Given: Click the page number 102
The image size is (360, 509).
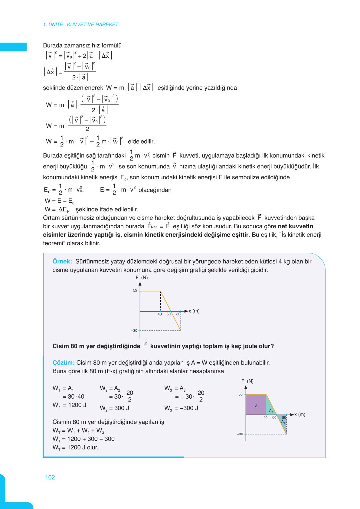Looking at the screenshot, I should (50, 477).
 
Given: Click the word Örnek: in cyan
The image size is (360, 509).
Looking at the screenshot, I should (62, 261).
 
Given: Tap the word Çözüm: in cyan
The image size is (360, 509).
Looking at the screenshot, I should (63, 362).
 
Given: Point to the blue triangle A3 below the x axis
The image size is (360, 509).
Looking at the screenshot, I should (283, 422).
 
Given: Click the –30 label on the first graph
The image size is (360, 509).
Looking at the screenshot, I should (134, 331).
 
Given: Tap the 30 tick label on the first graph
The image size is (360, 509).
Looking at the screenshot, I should (135, 291).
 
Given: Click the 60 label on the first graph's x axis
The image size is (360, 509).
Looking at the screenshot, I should (169, 314).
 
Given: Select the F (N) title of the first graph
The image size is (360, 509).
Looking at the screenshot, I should (142, 278).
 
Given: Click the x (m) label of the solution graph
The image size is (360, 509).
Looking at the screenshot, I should (299, 414).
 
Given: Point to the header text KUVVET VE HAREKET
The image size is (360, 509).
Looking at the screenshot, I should (93, 24).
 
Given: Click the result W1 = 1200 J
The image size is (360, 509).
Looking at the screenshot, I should (69, 405).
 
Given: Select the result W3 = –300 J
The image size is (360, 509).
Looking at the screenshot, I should (181, 408).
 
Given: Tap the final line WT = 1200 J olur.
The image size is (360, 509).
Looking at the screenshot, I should (75, 447).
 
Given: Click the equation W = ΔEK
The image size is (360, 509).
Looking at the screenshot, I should (57, 209).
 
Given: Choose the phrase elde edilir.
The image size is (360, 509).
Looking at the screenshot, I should (141, 141).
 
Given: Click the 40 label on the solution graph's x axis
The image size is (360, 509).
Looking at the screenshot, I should (265, 418).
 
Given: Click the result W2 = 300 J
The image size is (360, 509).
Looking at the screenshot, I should (114, 408).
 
